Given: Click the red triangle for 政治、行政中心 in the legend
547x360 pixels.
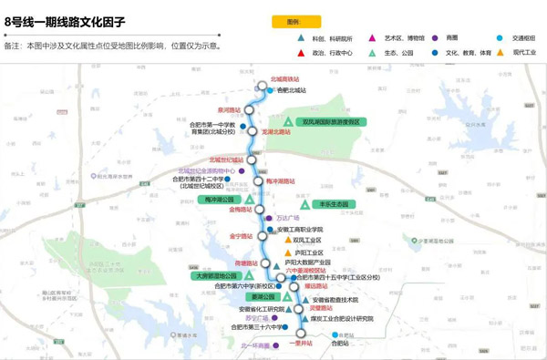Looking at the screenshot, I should coord(302,53).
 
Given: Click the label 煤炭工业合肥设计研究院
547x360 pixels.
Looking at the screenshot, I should coord(342,319).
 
